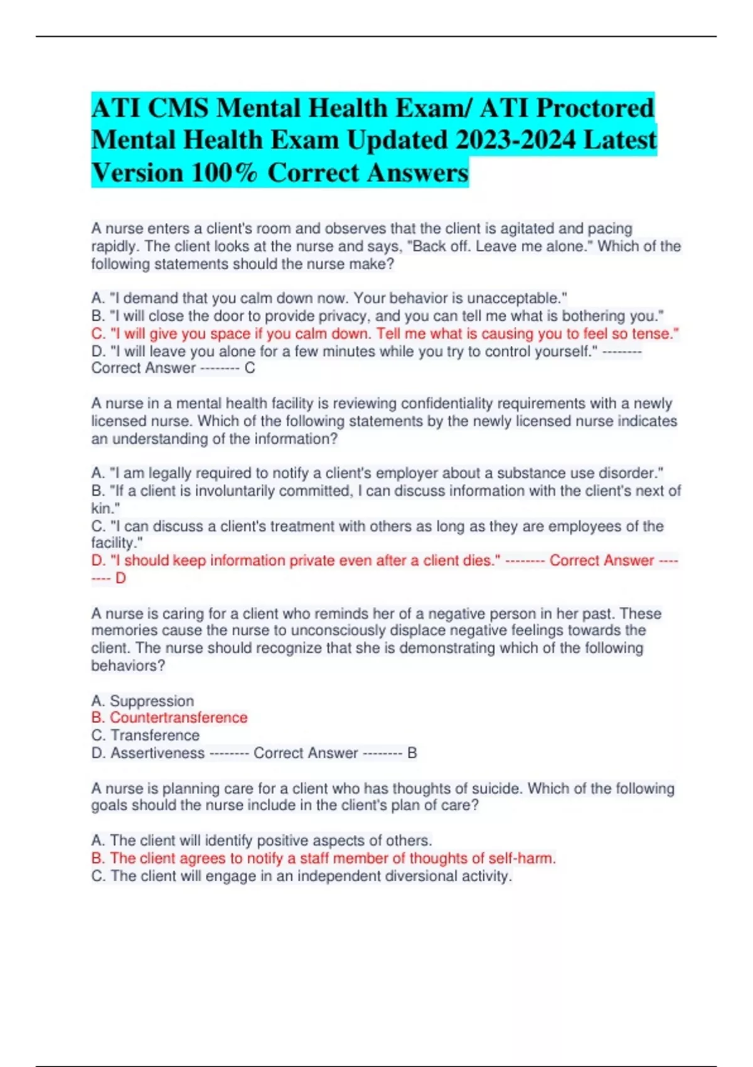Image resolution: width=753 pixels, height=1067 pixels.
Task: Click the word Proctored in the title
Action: point(594,108)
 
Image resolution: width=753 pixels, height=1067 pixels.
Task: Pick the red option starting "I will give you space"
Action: point(385,333)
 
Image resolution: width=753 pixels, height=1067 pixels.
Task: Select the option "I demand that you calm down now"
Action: point(329,298)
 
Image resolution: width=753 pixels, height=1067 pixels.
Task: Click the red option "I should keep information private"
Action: point(296,560)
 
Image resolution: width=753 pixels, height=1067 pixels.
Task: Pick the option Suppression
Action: point(151,700)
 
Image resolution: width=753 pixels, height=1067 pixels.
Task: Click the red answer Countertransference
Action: point(178,718)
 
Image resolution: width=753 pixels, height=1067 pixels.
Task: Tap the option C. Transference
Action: point(154,736)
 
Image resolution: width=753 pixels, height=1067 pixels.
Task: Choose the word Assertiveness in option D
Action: point(157,753)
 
